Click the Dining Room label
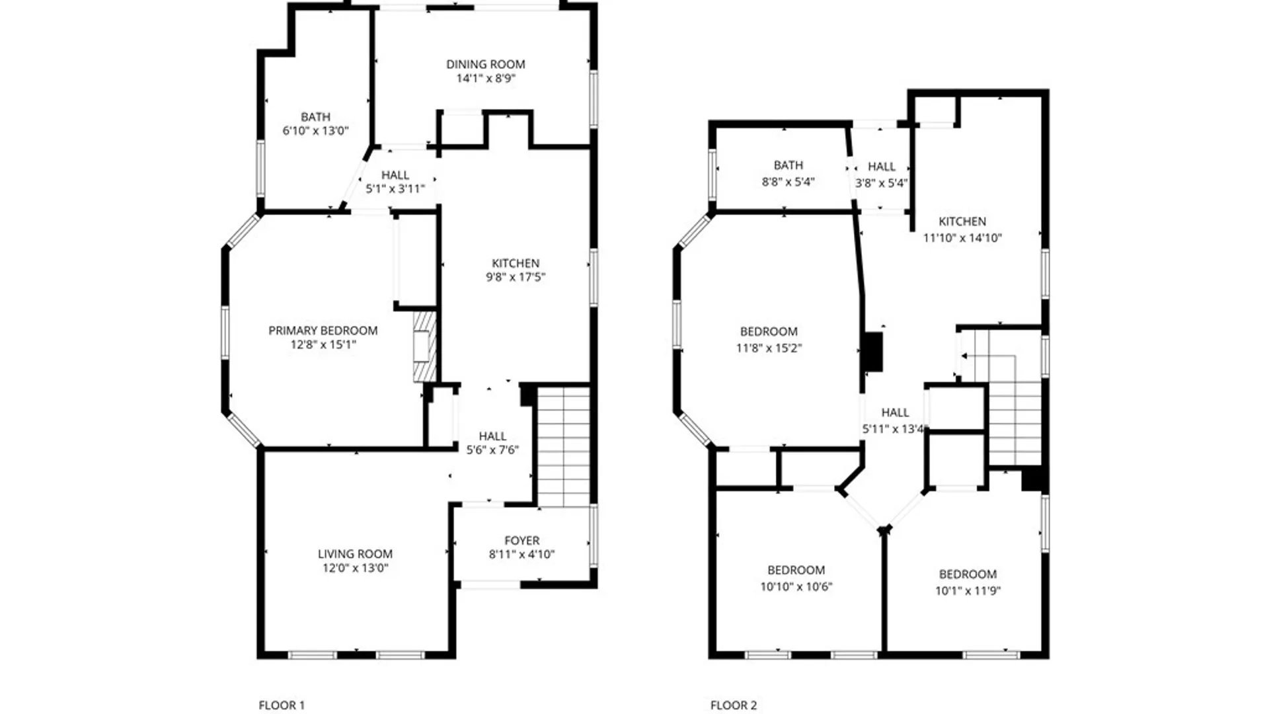coord(485,64)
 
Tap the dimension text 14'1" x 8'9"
coord(485,79)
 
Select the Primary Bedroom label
coord(323,331)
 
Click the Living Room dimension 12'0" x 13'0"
coord(355,568)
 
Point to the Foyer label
coord(521,541)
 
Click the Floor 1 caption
coord(282,705)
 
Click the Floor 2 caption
coord(734,705)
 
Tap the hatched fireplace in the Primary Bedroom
coord(424,346)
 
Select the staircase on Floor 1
coord(563,446)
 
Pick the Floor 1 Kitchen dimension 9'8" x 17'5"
coord(516,278)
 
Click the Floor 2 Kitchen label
coord(962,222)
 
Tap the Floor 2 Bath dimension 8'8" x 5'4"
coord(788,182)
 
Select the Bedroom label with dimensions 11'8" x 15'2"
coord(769,332)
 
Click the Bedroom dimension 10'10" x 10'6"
coord(796,586)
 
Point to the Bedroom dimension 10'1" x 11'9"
coord(968,591)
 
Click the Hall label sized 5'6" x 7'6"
coord(492,436)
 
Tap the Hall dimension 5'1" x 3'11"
coord(395,189)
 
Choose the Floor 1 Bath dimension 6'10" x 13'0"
coord(315,131)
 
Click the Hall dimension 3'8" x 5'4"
coord(882,183)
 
